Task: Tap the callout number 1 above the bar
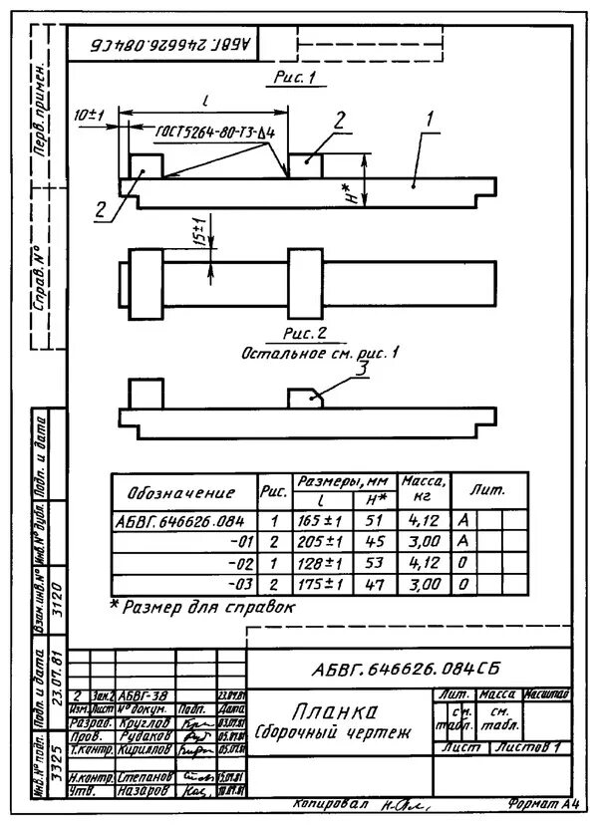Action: (x=430, y=118)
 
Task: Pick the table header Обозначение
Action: (x=180, y=493)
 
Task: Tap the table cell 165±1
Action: (x=320, y=520)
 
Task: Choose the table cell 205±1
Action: (x=320, y=541)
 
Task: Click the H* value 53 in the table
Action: (x=375, y=563)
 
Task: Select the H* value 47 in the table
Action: (x=375, y=584)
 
